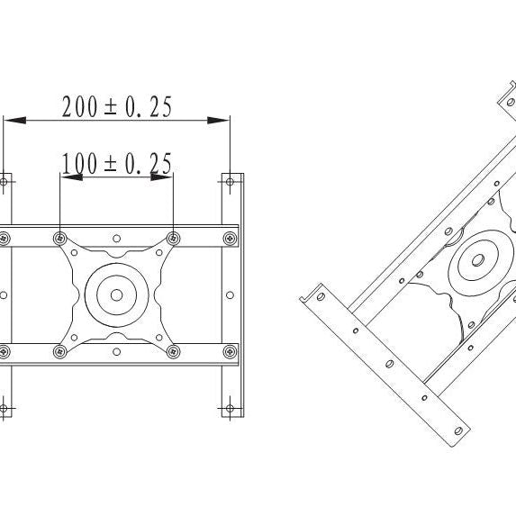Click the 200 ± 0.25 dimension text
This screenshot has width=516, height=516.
click(117, 106)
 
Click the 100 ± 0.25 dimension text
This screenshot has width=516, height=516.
click(117, 163)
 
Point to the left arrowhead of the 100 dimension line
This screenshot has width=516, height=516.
click(68, 176)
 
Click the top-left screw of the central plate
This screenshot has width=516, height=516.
click(59, 238)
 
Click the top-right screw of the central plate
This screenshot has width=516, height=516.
click(174, 238)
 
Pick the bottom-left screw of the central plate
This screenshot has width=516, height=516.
click(59, 350)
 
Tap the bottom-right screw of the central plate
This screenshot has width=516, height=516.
click(174, 350)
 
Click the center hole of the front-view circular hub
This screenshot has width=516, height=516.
click(116, 294)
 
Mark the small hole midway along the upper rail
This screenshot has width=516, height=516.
click(116, 238)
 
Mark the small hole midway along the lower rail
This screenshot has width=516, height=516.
click(116, 350)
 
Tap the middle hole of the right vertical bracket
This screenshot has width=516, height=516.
click(232, 294)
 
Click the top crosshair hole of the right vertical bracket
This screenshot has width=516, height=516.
click(232, 181)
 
